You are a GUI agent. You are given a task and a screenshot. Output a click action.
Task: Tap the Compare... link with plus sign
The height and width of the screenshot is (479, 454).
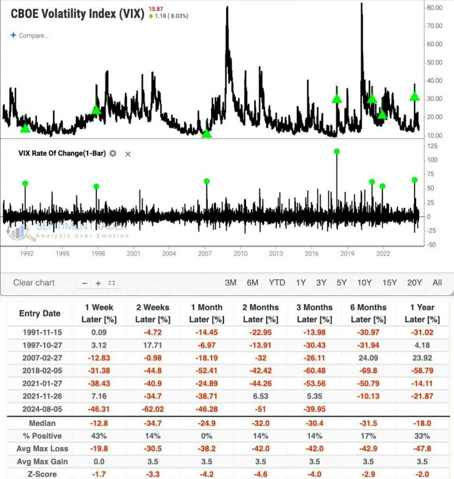(30, 35)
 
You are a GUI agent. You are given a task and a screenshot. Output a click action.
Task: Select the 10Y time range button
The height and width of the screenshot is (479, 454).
(364, 283)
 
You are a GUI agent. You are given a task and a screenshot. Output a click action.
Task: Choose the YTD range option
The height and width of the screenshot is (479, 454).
(277, 283)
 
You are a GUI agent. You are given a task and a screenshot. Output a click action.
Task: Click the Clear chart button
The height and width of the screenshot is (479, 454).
(34, 283)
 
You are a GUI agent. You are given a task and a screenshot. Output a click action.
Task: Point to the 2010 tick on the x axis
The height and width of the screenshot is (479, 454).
(241, 254)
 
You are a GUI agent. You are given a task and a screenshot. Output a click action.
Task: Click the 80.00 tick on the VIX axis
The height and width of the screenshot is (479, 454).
(435, 8)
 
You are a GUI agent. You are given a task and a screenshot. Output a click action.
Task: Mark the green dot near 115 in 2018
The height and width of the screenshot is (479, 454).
(337, 152)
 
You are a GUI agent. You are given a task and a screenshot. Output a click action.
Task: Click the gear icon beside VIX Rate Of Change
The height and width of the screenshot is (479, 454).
(113, 153)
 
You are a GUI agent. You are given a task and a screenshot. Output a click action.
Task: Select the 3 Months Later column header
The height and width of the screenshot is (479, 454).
(315, 313)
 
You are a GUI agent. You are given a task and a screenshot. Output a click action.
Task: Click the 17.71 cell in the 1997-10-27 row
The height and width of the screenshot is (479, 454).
(153, 345)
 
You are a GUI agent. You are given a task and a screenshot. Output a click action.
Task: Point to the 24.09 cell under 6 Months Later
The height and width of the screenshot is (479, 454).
(368, 358)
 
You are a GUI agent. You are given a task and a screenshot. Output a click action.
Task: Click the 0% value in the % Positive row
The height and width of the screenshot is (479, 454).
(207, 436)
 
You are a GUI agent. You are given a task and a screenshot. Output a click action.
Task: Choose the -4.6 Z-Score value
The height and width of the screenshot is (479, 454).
(260, 474)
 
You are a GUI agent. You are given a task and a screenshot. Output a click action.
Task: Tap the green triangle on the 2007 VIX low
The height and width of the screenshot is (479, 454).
(207, 133)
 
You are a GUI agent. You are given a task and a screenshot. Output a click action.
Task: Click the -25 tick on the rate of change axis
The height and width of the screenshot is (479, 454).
(432, 231)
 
